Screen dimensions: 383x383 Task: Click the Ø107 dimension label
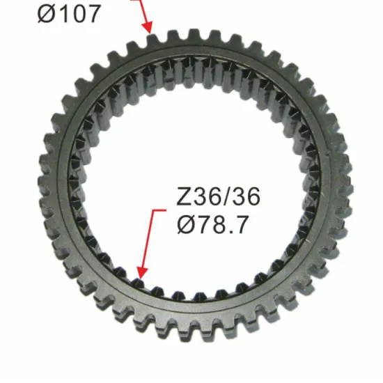[x=70, y=14]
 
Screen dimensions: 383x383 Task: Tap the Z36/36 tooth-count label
[x=218, y=198]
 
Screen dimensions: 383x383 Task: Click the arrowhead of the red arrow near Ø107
[x=148, y=28]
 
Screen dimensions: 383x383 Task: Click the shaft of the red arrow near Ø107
[x=143, y=10]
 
